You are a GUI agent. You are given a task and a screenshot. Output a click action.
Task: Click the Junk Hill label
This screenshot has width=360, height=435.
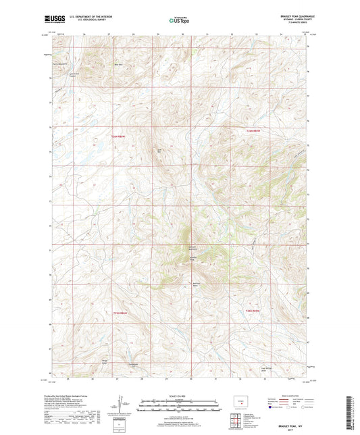pyautogui.click(x=160, y=151)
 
